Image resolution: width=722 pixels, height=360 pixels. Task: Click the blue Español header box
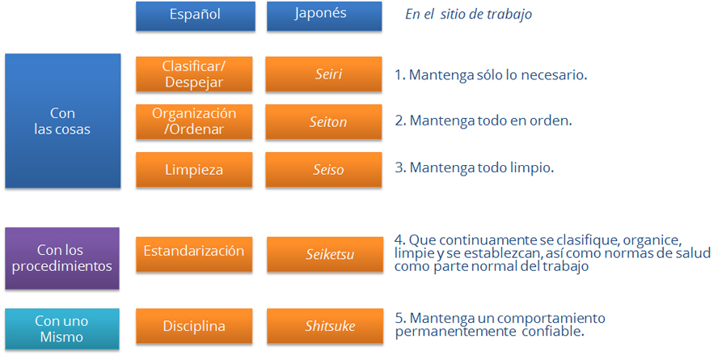196,16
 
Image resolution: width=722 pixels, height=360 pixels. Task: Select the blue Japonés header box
325,16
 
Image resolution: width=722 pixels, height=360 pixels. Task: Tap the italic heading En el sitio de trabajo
468,15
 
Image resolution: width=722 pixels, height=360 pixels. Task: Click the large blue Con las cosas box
62,121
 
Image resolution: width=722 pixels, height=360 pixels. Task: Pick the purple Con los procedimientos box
62,258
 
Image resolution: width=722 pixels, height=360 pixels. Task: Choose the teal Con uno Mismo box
62,328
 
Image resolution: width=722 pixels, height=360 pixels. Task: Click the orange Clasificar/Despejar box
194,74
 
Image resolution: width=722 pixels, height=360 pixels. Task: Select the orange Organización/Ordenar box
194,121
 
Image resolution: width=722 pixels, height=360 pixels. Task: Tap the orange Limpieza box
194,170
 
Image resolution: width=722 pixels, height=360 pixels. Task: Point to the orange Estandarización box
194,254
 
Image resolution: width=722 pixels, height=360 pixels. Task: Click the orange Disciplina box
194,326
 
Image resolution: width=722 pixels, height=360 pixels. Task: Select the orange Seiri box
323,74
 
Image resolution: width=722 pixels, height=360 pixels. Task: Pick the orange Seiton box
323,121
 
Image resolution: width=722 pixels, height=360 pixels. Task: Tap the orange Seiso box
323,170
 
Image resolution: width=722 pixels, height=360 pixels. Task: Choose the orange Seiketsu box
325,254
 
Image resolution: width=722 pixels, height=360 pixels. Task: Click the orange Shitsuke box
325,326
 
